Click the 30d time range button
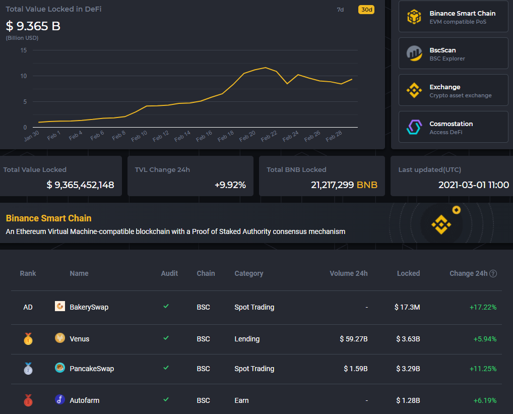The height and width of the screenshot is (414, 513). [x=366, y=10]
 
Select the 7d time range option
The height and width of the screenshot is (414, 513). [x=341, y=10]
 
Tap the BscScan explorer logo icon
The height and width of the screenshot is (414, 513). [x=414, y=53]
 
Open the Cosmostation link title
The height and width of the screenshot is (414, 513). [x=451, y=124]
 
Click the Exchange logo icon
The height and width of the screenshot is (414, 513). [x=414, y=90]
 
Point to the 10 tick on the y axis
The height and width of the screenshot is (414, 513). [x=23, y=76]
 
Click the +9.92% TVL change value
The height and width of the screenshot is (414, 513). [x=230, y=185]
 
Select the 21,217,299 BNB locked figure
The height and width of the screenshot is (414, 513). [x=344, y=185]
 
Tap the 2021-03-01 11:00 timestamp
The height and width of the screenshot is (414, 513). [x=474, y=185]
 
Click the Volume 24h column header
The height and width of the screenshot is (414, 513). [x=349, y=273]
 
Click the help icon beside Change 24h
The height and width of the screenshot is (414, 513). [x=493, y=273]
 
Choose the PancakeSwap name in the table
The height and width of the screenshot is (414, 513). [x=92, y=369]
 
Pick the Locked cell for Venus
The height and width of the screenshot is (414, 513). [x=407, y=339]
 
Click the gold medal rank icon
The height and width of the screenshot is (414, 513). [x=28, y=339]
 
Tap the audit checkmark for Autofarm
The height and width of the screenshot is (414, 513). [x=166, y=400]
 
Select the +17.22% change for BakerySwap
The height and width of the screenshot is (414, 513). [x=483, y=307]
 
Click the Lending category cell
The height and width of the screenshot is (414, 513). [x=247, y=339]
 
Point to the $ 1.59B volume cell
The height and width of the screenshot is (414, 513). [x=356, y=369]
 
